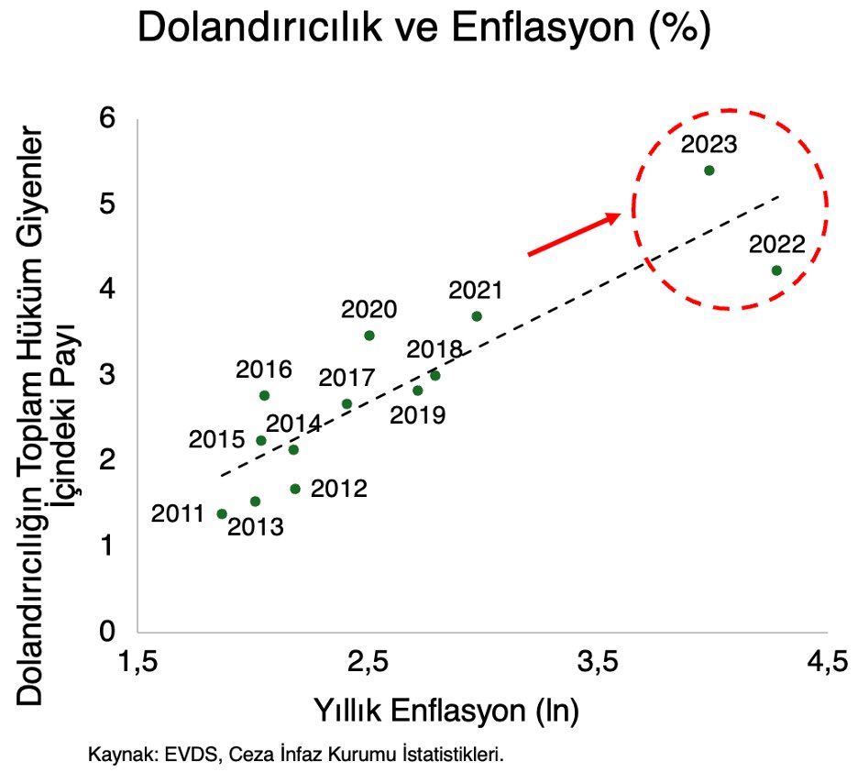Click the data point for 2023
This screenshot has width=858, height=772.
click(x=709, y=171)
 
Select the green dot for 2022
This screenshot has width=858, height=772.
click(x=776, y=270)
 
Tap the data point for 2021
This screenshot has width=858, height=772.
click(x=477, y=316)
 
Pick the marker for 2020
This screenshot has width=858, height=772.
click(x=369, y=336)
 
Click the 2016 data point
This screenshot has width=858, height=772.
click(x=264, y=395)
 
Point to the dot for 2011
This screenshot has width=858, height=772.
click(x=222, y=514)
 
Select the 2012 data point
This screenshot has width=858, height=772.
click(x=295, y=489)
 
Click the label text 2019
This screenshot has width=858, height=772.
click(x=417, y=415)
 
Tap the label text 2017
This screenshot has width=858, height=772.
click(x=346, y=379)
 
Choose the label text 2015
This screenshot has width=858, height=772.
click(x=216, y=440)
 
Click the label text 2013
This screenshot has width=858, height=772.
click(x=255, y=527)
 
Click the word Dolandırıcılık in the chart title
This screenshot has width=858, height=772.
click(x=275, y=29)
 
